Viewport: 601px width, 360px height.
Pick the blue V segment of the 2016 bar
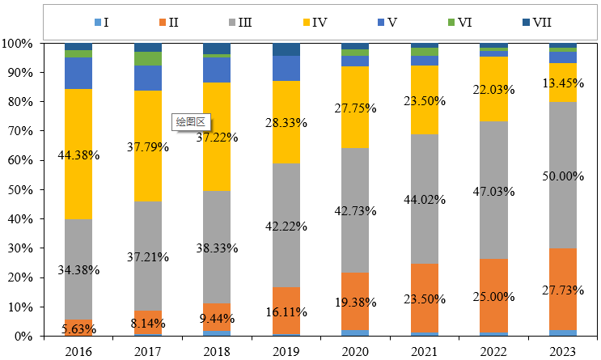click(x=78, y=73)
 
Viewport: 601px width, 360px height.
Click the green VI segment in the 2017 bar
click(x=148, y=58)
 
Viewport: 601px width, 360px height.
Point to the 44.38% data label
click(x=78, y=155)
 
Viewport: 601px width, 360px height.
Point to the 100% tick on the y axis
click(x=18, y=43)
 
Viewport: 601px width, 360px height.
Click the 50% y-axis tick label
click(x=20, y=189)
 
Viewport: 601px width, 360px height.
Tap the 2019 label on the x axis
click(x=286, y=351)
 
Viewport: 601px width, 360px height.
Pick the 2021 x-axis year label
click(x=425, y=351)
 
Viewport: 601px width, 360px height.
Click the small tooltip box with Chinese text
click(x=192, y=121)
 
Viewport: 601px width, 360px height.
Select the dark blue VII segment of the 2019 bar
click(x=286, y=49)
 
